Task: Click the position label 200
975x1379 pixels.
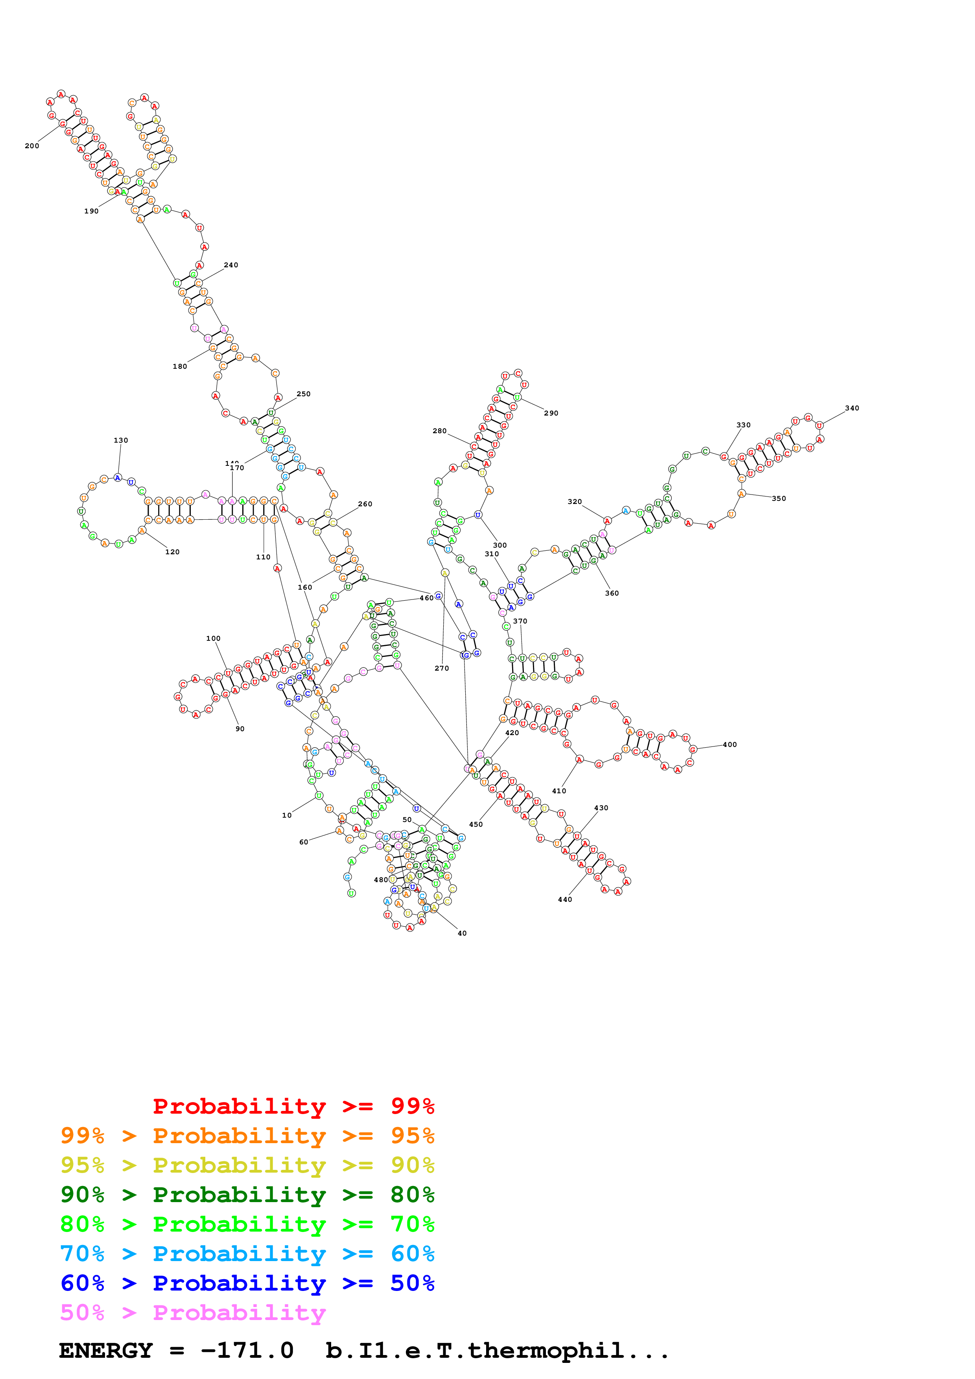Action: tap(32, 146)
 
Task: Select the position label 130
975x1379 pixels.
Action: tap(121, 440)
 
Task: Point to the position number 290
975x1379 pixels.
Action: tap(551, 413)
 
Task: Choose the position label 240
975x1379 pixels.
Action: tap(231, 265)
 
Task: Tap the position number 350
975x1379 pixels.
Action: tap(779, 498)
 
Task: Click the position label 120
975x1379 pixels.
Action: tap(172, 552)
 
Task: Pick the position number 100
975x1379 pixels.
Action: tap(213, 638)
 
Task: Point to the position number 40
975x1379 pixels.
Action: tap(462, 933)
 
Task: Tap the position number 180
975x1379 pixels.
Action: tap(180, 366)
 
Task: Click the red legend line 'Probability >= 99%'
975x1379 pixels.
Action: tap(293, 1106)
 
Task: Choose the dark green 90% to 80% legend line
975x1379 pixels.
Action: tap(247, 1195)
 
